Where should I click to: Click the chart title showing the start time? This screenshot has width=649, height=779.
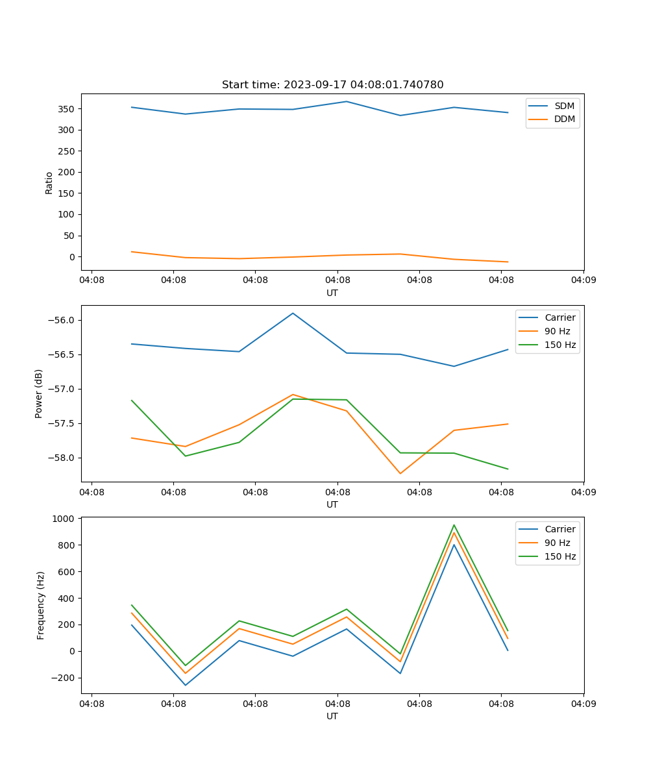click(332, 85)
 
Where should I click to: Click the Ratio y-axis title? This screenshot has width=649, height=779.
click(49, 182)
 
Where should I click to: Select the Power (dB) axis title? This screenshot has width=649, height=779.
click(39, 393)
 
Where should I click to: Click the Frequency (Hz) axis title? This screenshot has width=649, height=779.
click(41, 605)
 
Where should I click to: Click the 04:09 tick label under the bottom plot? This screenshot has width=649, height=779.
click(583, 703)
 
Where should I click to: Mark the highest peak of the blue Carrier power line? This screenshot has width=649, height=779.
click(293, 313)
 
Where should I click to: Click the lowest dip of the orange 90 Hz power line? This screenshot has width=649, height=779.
click(400, 473)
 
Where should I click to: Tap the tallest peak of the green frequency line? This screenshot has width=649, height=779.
click(454, 525)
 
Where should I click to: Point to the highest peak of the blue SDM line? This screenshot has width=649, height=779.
click(347, 101)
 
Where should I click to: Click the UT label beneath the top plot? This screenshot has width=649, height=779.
click(332, 293)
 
